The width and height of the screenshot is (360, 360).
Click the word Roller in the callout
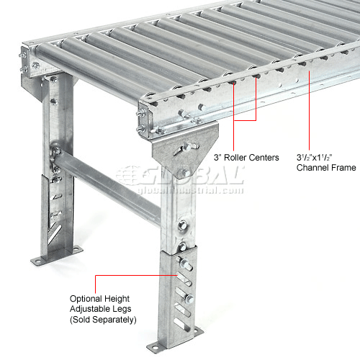coord(235,158)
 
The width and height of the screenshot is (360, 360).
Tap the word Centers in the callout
coord(264,158)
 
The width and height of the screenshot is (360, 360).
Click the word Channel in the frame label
coord(312,168)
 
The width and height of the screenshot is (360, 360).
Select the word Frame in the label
coord(343,168)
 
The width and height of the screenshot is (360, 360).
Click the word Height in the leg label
coord(117,299)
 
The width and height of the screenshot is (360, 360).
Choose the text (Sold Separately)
coord(103,320)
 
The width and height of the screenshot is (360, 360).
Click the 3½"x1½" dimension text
coord(315,158)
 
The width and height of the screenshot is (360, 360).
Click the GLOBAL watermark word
coord(180,175)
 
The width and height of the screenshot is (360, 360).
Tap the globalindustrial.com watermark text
coord(190,190)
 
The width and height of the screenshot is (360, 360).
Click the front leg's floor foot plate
coord(176,340)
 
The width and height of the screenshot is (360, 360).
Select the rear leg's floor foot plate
coord(57,256)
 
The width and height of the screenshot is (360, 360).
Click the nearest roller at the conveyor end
coord(106,73)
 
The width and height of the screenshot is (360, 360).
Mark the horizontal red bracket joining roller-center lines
coord(245,120)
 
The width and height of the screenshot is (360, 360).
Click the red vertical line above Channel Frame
coord(309,111)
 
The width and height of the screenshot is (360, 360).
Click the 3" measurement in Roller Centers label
coord(217,158)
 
